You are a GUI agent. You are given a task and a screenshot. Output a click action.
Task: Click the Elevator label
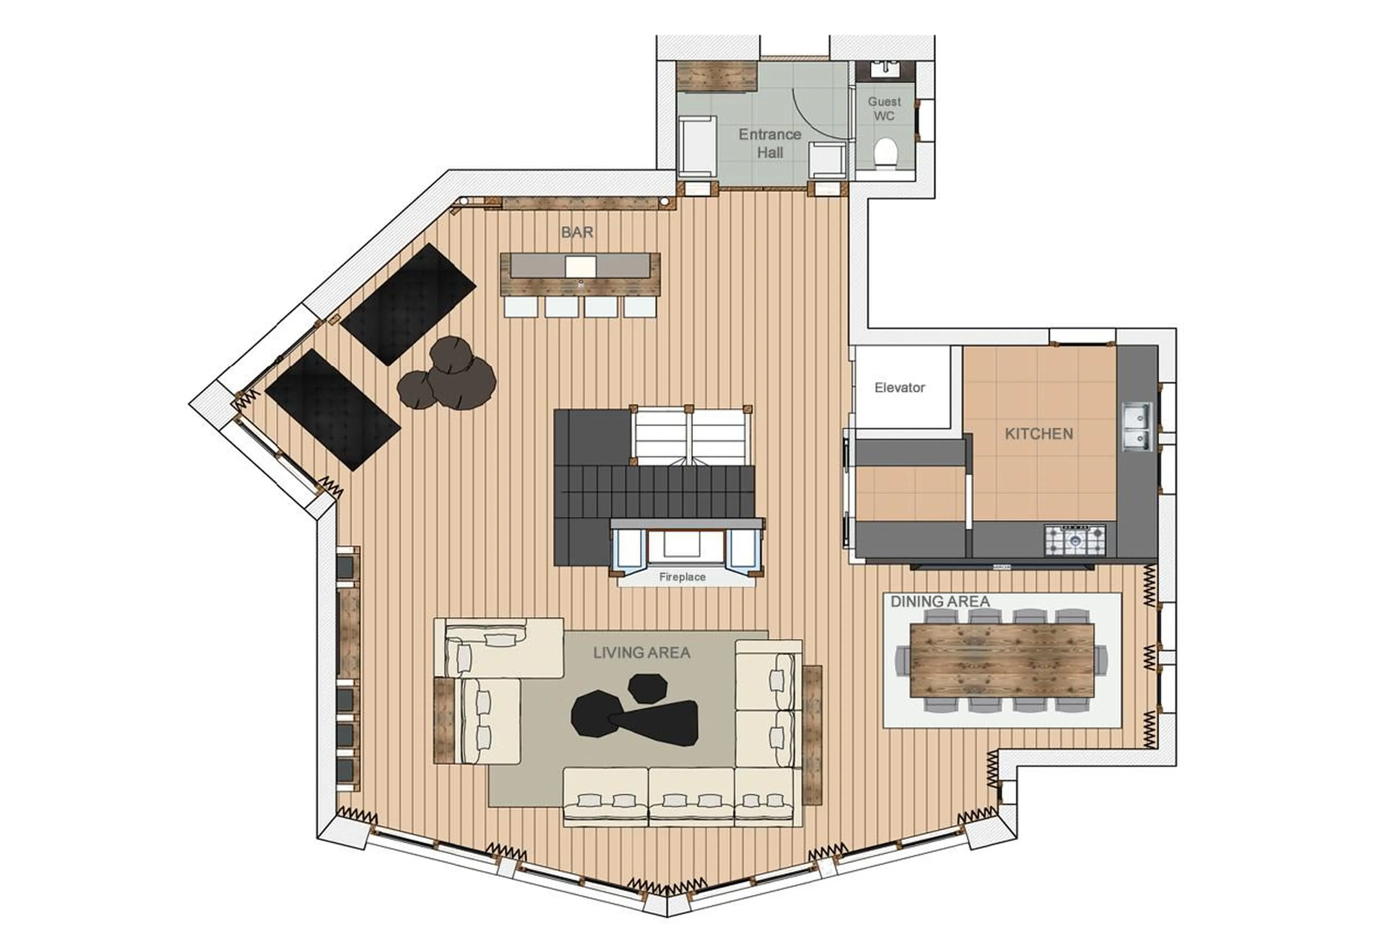click(x=899, y=387)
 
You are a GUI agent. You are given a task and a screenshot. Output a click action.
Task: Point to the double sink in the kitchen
click(x=1136, y=427)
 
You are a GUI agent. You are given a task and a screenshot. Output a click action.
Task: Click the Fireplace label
click(x=682, y=576)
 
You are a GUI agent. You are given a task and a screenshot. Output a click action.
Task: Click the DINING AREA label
click(x=939, y=601)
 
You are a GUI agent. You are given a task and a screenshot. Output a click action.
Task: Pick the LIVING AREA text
click(x=641, y=653)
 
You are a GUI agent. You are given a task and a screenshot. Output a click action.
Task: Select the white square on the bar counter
click(x=580, y=266)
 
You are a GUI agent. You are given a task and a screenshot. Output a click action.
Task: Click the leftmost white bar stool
click(x=521, y=307)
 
